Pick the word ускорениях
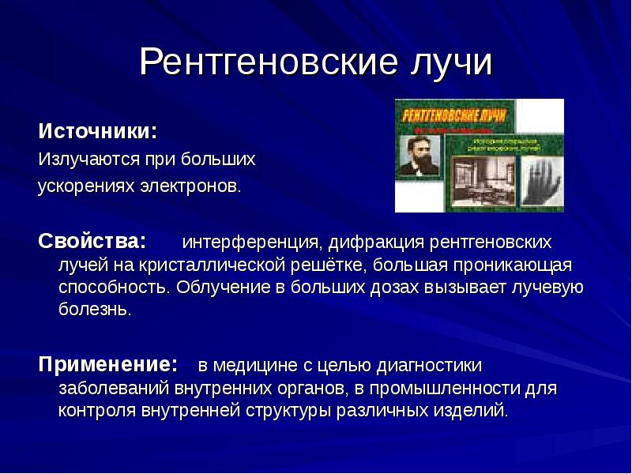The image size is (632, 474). click(84, 188)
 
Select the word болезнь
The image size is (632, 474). click(93, 309)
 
